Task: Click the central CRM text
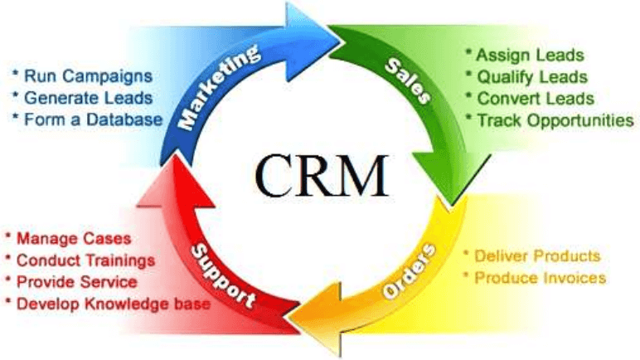(321, 173)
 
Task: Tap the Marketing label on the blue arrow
(218, 89)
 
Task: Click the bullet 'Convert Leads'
(534, 99)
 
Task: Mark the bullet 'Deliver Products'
(535, 255)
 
